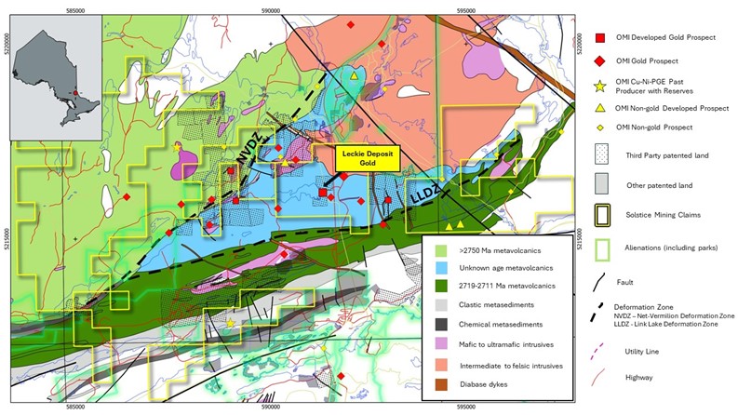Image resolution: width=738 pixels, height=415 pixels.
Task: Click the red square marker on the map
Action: click(x=323, y=192)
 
